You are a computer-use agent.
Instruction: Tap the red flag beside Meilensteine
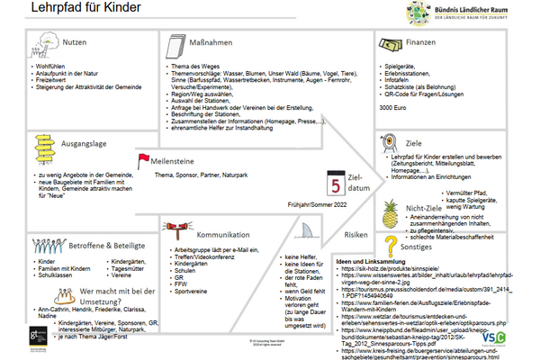pyautogui.click(x=141, y=160)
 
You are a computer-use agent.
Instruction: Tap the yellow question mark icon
pyautogui.click(x=390, y=247)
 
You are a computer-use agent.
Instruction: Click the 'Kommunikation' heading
pyautogui.click(x=223, y=229)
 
